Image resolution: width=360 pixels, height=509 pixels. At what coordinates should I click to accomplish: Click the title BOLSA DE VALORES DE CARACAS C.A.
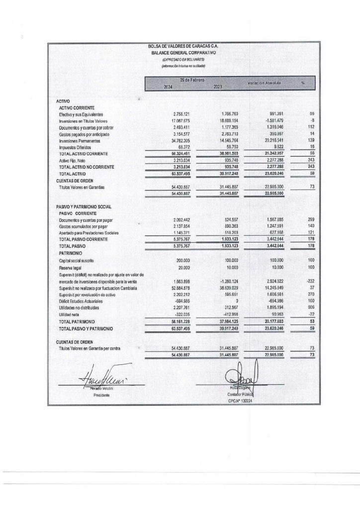pyautogui.click(x=183, y=46)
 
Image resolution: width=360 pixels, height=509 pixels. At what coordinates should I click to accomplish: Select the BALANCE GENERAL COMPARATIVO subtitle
pyautogui.click(x=183, y=52)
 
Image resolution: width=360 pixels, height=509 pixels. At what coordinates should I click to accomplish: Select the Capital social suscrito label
pyautogui.click(x=79, y=260)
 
